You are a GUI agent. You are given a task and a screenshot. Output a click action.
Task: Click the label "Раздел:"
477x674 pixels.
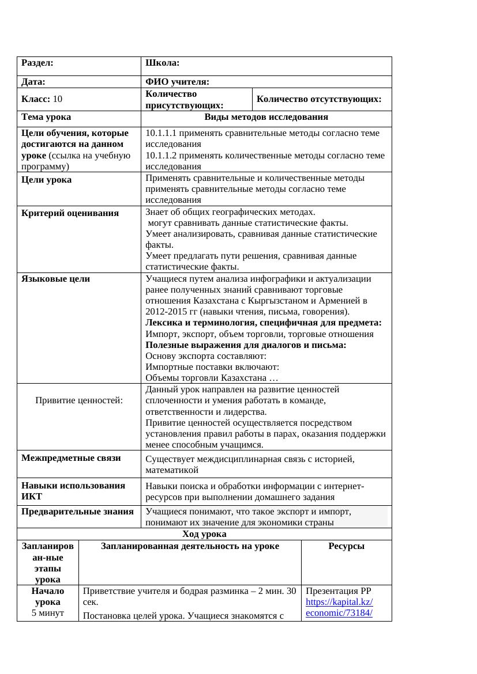point(37,62)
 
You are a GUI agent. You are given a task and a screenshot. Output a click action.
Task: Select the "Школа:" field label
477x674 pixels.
point(162,62)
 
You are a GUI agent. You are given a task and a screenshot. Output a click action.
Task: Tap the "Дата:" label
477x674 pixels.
point(33,82)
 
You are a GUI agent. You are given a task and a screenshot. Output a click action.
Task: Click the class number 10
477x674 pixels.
point(58,99)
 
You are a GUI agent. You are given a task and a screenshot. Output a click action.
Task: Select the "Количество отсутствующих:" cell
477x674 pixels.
point(319,99)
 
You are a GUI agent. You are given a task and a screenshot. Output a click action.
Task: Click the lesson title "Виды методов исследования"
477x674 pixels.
point(266,117)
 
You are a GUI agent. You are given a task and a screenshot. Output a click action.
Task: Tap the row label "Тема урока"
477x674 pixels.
point(46,117)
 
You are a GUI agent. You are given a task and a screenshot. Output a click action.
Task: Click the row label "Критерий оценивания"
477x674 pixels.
point(70,213)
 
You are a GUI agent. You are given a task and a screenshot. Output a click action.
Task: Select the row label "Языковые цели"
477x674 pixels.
point(55,279)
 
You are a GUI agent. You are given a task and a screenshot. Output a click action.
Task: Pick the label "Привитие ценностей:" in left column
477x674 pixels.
point(79,400)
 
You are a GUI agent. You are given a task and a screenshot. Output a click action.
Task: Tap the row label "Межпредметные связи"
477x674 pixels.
point(71,458)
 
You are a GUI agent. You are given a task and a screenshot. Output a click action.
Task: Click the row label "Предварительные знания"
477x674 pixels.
point(77,511)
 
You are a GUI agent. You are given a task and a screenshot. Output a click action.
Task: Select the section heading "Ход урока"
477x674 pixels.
point(204,534)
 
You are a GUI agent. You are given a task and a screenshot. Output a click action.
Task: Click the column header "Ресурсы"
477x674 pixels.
point(346,546)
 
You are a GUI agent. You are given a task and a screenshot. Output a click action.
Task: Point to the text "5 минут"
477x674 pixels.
point(48,613)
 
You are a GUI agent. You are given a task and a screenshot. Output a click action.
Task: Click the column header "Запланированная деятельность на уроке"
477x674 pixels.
point(190,546)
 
